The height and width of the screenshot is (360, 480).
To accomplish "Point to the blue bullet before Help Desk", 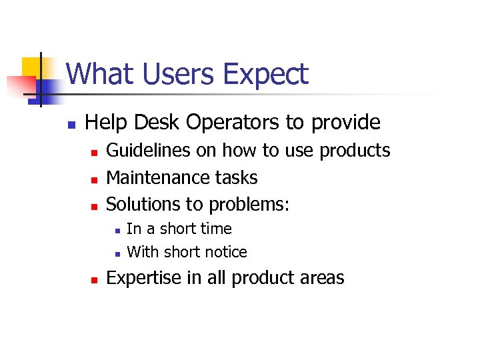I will [x=71, y=124].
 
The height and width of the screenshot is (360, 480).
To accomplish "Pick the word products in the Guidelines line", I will [x=355, y=151].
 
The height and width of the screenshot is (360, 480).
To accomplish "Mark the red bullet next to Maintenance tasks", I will [x=94, y=179].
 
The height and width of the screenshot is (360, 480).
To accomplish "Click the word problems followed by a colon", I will [x=249, y=205].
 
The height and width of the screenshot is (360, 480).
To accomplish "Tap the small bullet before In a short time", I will [x=117, y=230].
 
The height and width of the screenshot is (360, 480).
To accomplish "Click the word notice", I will [x=224, y=252].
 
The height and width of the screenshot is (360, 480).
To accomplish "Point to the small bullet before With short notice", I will [x=117, y=253].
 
